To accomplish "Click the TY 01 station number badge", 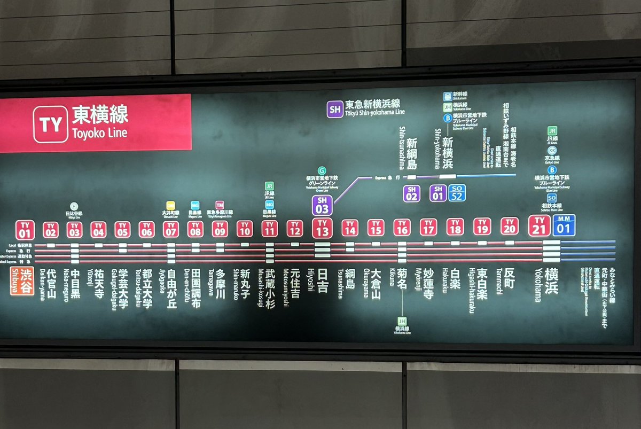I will (25, 230).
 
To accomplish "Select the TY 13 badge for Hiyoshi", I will (322, 228).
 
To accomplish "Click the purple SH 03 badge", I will (322, 205).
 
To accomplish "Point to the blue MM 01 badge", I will (564, 225).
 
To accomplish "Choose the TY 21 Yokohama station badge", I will (540, 225).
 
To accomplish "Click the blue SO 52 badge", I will (457, 193).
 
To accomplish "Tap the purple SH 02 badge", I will (411, 193).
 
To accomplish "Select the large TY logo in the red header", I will (51, 124).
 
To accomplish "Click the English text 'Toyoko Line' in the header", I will (100, 132).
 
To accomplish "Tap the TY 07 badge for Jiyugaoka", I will (171, 229).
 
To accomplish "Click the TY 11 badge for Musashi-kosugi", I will (270, 229).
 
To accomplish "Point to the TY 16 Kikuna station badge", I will (402, 227).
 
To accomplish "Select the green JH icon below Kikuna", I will (402, 321).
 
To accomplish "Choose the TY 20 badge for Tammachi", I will (510, 226).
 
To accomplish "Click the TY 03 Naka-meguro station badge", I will (74, 230).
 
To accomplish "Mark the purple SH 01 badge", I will (438, 193).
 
